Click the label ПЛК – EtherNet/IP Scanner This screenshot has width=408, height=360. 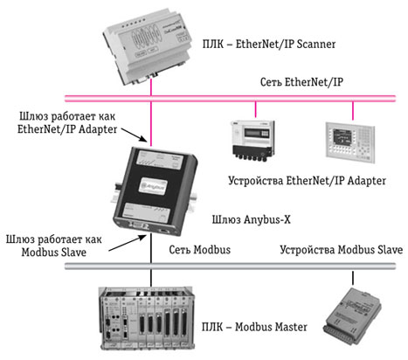pyautogui.click(x=269, y=45)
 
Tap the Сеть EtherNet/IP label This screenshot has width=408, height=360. pyautogui.click(x=301, y=82)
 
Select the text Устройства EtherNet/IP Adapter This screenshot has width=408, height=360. pyautogui.click(x=307, y=181)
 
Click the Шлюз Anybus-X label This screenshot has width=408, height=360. pyautogui.click(x=251, y=219)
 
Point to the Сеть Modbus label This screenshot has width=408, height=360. pyautogui.click(x=199, y=250)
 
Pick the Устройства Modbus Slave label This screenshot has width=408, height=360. pyautogui.click(x=342, y=250)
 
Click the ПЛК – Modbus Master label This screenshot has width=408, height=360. pyautogui.click(x=254, y=327)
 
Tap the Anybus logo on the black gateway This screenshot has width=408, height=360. pyautogui.click(x=153, y=186)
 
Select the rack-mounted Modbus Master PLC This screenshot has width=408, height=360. pyautogui.click(x=147, y=318)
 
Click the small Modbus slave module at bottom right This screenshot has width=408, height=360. pyautogui.click(x=352, y=316)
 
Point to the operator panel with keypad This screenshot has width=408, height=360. pyautogui.click(x=350, y=142)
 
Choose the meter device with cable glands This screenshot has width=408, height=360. pyautogui.click(x=252, y=140)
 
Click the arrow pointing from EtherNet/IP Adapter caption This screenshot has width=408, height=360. pyautogui.click(x=135, y=135)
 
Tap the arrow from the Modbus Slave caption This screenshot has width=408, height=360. pyautogui.click(x=128, y=243)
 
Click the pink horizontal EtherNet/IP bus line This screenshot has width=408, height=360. pyautogui.click(x=230, y=98)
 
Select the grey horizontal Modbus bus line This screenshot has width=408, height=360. pyautogui.click(x=230, y=266)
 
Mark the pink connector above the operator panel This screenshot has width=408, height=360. pyautogui.click(x=353, y=111)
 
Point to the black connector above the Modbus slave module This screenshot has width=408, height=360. pyautogui.click(x=353, y=278)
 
